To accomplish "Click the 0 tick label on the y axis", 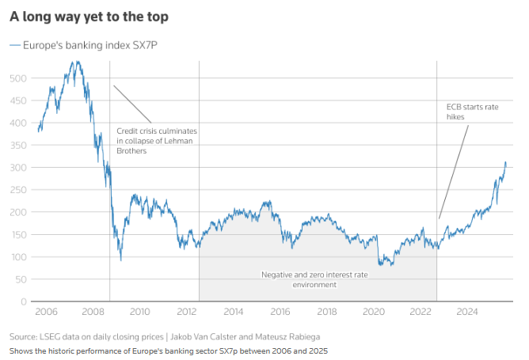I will tap(25, 301).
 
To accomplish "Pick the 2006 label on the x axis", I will tap(47, 312).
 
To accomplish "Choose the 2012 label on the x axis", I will tap(187, 312).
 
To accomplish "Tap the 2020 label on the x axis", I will tap(374, 312).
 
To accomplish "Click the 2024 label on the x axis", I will tap(467, 312).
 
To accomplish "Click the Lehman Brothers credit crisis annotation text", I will tap(156, 140).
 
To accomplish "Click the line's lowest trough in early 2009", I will tap(121, 260).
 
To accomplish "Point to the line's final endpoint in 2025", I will tap(506, 162).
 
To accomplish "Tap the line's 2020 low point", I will tap(381, 265).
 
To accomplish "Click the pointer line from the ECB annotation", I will tap(453, 171).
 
